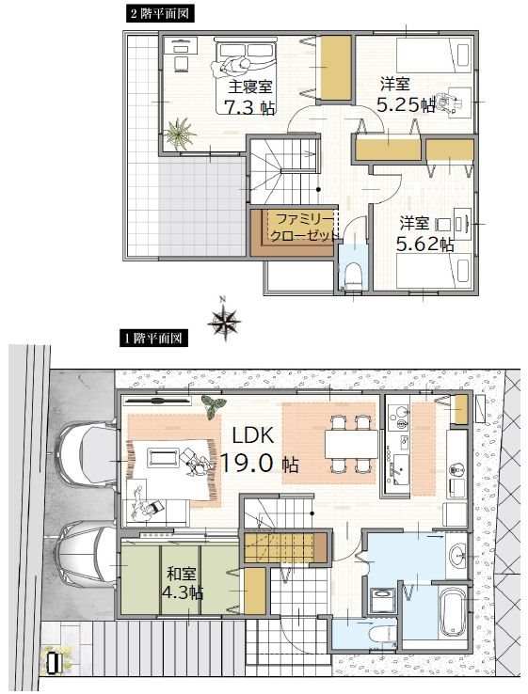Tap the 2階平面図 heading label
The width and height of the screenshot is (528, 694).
point(160,14)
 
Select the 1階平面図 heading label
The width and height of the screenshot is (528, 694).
point(153,339)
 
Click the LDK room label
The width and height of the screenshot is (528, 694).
point(253,436)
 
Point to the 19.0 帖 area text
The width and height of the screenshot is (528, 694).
point(259,463)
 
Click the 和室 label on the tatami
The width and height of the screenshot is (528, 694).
point(181,574)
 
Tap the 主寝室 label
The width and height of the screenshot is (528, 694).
point(250,87)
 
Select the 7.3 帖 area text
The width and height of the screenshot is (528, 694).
point(249,107)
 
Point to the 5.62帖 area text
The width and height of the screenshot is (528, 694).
point(424,244)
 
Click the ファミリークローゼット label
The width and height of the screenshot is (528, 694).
point(302,227)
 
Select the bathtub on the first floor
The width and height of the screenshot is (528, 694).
point(453,611)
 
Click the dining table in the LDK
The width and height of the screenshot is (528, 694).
point(351,444)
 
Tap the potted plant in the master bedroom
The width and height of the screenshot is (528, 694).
point(180,134)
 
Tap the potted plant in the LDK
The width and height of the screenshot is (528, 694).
point(214,405)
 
